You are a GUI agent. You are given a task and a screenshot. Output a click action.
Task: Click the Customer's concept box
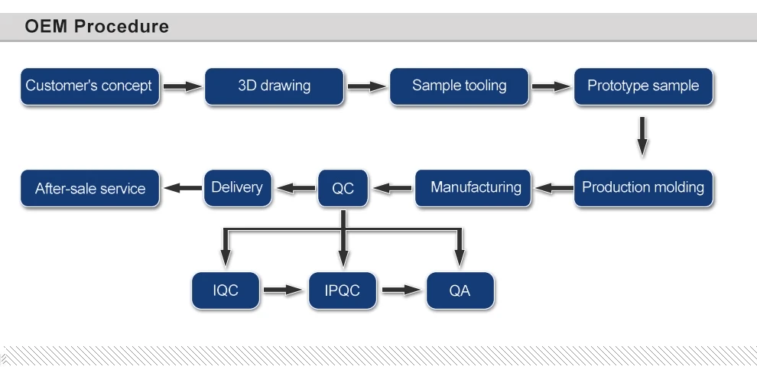tap(89, 86)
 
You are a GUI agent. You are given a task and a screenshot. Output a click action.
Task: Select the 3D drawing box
tap(275, 86)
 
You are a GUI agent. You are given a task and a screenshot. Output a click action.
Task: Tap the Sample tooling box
tap(459, 86)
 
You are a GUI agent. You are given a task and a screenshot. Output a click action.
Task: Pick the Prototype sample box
tap(643, 86)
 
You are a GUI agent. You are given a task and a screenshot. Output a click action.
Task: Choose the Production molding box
tap(643, 187)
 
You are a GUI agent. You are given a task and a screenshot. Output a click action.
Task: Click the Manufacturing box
tap(476, 187)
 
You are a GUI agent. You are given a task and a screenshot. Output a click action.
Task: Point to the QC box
tap(343, 188)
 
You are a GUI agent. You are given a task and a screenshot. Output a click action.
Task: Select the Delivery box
tap(237, 187)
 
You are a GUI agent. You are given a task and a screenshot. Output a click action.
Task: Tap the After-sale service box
tap(90, 188)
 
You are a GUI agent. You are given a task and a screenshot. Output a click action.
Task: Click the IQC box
tap(226, 290)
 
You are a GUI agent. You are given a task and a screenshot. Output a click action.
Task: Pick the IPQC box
tap(343, 290)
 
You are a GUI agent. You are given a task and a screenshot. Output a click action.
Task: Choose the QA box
tap(460, 290)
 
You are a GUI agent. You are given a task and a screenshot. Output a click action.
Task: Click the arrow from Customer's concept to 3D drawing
tap(181, 86)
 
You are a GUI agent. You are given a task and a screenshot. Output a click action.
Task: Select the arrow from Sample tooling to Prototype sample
tap(551, 86)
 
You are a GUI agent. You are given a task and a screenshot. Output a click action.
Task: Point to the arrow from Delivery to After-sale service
tap(181, 188)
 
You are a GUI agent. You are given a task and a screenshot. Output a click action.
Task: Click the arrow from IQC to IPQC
tap(284, 290)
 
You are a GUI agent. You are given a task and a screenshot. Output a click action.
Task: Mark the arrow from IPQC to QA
tap(401, 290)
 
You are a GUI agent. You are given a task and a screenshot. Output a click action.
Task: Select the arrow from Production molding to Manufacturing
tap(551, 188)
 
